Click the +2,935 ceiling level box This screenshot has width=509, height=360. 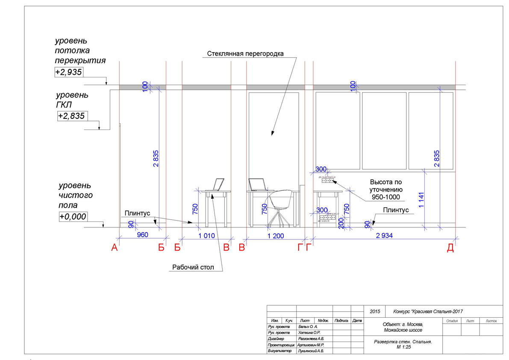68,72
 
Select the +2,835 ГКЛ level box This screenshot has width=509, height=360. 71,116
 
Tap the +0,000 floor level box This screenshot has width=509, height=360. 73,217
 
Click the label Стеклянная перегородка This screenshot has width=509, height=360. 245,53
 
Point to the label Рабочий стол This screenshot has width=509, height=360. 192,268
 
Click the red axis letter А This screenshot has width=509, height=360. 114,248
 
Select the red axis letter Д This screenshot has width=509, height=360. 450,248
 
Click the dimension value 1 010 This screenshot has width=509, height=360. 206,235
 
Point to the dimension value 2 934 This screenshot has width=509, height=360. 385,235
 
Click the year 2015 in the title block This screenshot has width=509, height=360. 374,312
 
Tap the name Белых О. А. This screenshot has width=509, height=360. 306,326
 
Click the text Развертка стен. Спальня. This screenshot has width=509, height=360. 403,342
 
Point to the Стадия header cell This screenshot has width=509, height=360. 452,320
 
